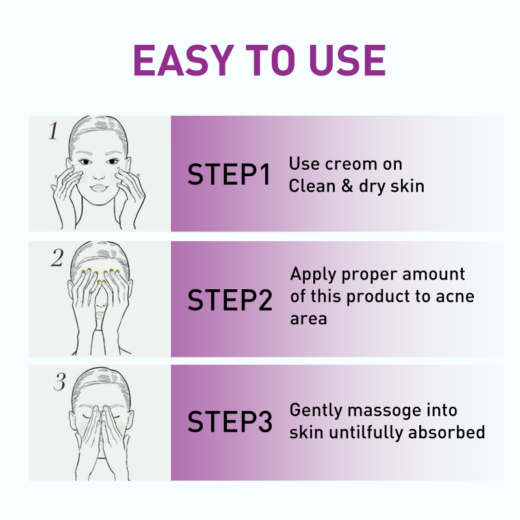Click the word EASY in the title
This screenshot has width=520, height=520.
184,60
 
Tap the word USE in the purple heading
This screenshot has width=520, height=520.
348,60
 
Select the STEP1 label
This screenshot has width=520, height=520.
229,174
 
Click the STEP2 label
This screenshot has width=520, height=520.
230,300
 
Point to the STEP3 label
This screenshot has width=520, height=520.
230,421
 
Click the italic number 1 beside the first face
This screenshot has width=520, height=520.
53,131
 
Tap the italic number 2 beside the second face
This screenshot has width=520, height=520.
57,257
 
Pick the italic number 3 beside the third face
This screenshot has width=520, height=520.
60,382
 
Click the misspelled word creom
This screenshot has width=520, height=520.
351,164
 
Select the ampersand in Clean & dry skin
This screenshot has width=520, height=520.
346,186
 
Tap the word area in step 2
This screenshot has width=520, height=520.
308,319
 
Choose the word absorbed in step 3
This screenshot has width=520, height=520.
447,432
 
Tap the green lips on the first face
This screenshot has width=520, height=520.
99,188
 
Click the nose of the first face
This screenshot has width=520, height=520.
99,175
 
